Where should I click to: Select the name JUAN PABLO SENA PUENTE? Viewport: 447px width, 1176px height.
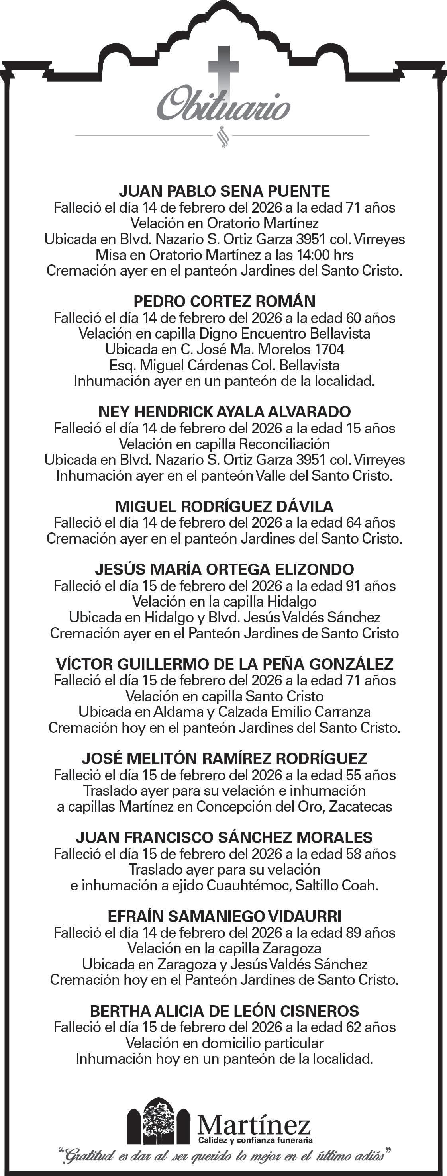point(224,191)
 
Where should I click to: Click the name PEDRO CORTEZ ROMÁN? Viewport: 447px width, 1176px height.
point(224,301)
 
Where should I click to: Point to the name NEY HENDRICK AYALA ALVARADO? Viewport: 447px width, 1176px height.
point(224,412)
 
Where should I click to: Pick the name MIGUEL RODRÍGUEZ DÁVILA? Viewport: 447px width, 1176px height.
point(224,506)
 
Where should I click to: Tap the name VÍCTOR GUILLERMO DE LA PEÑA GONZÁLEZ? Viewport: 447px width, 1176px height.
point(224,664)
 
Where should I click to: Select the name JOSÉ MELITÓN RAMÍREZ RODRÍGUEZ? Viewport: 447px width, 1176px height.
point(224,758)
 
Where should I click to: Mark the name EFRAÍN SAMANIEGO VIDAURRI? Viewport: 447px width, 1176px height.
point(224,916)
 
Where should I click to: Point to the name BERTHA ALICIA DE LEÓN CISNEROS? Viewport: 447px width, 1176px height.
point(224,1011)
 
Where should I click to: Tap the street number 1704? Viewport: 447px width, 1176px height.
point(329,349)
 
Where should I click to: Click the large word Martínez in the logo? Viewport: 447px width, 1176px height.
point(254,1125)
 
